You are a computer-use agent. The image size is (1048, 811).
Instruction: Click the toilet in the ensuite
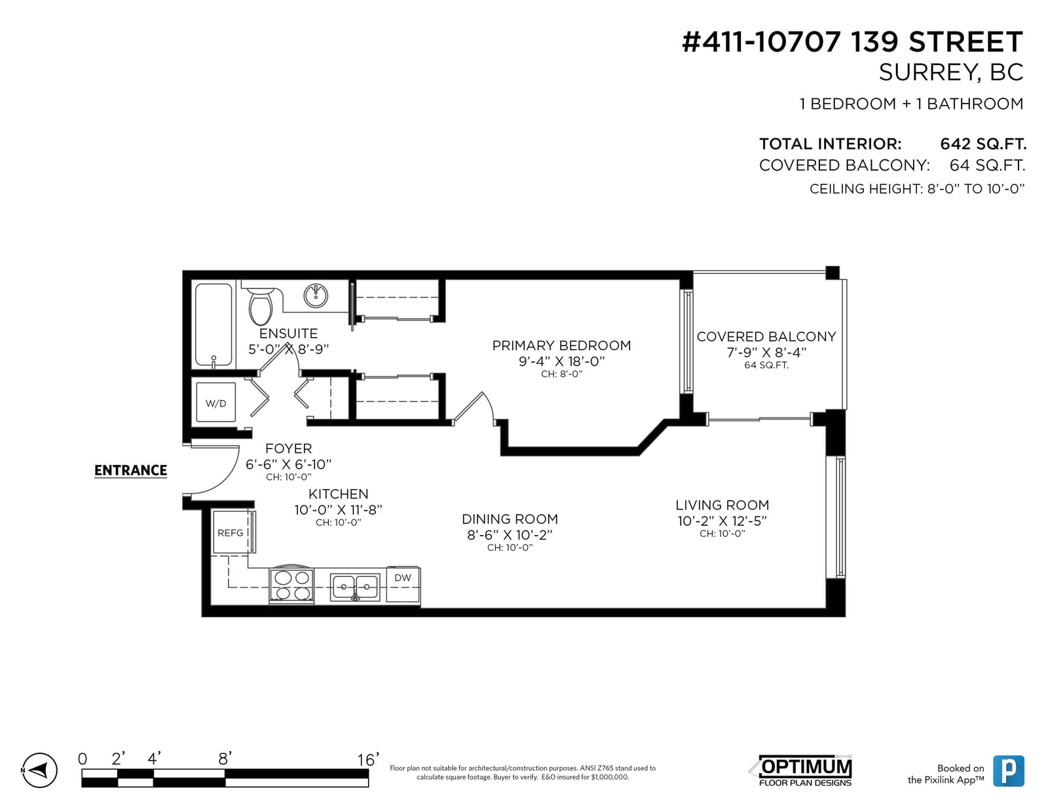coord(261,306)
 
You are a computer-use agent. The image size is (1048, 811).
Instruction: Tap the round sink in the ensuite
coord(316,296)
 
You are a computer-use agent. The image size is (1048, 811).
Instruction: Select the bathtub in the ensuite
coord(213,325)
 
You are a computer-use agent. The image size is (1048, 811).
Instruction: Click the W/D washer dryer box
coord(216,403)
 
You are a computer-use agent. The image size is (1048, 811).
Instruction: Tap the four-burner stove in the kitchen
coord(291,585)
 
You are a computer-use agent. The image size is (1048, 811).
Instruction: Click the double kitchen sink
coord(355,587)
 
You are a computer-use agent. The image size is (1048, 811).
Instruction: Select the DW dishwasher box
coord(403,585)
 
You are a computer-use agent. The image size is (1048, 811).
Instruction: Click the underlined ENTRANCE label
coord(131,471)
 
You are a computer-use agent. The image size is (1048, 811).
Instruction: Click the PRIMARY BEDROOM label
coord(561,346)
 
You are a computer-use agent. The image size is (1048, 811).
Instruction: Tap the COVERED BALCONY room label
coord(766,336)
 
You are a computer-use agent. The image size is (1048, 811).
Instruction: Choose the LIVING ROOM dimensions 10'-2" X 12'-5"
coord(722,521)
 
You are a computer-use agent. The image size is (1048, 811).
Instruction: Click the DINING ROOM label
coord(510,519)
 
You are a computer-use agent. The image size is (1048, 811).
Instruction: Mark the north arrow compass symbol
coord(39,770)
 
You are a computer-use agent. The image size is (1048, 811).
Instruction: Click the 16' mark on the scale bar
coord(368,759)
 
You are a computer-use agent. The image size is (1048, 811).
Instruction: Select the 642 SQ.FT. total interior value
coord(983,144)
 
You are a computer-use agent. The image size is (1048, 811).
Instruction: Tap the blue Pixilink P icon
coord(1009,771)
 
